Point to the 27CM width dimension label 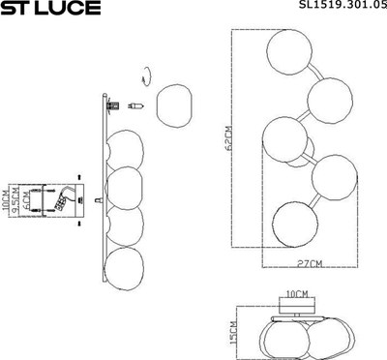click(311, 263)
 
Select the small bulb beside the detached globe click(137, 105)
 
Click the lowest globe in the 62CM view click(294, 222)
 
